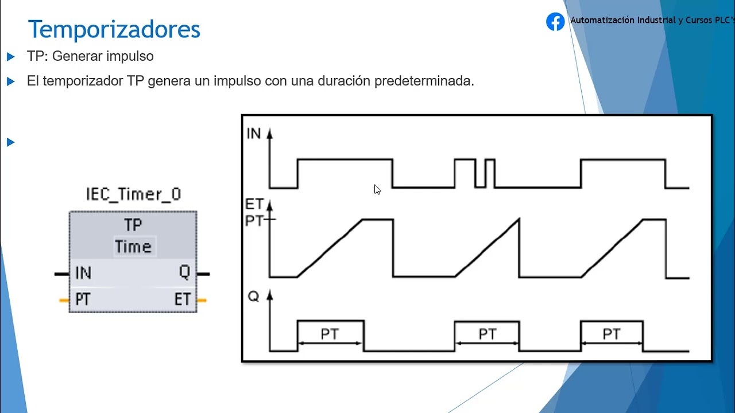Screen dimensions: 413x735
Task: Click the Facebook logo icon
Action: click(x=555, y=22)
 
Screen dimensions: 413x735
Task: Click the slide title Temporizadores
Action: click(x=114, y=29)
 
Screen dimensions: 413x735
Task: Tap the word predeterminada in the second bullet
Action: click(x=424, y=81)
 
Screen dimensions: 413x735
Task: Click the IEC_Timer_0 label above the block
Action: click(x=133, y=194)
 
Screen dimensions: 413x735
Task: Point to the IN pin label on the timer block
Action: click(x=83, y=274)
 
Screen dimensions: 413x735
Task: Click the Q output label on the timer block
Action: click(x=184, y=272)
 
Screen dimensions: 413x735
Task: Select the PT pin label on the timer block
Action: click(x=83, y=299)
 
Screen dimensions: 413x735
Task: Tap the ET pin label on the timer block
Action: click(x=183, y=299)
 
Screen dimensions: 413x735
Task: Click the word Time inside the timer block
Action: click(x=133, y=247)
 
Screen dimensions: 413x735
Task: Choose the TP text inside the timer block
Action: click(x=133, y=225)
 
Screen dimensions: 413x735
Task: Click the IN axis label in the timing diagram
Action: click(x=253, y=134)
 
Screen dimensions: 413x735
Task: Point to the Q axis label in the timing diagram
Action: click(x=253, y=297)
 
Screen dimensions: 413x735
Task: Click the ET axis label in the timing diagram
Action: click(x=254, y=204)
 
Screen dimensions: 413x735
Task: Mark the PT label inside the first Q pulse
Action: click(x=330, y=334)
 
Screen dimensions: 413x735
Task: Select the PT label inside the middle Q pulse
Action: click(x=487, y=334)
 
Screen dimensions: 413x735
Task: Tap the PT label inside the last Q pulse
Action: click(x=612, y=334)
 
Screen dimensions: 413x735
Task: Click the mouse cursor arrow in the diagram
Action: click(x=377, y=189)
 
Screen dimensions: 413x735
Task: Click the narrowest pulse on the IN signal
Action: click(x=490, y=173)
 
